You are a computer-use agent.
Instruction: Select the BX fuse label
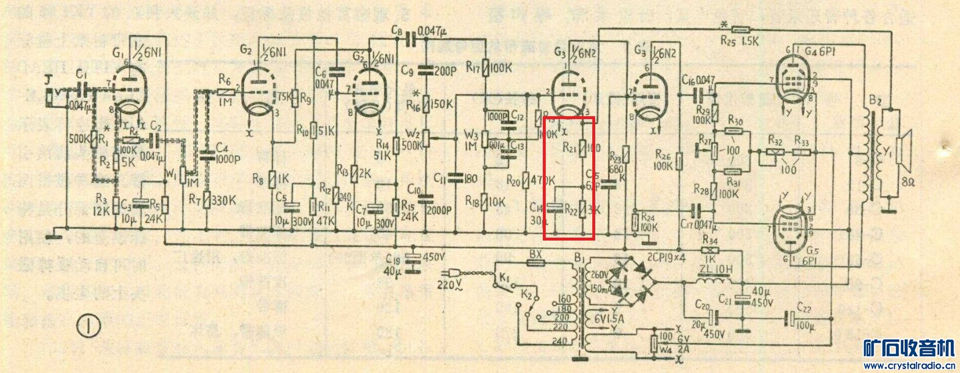pos(535,254)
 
